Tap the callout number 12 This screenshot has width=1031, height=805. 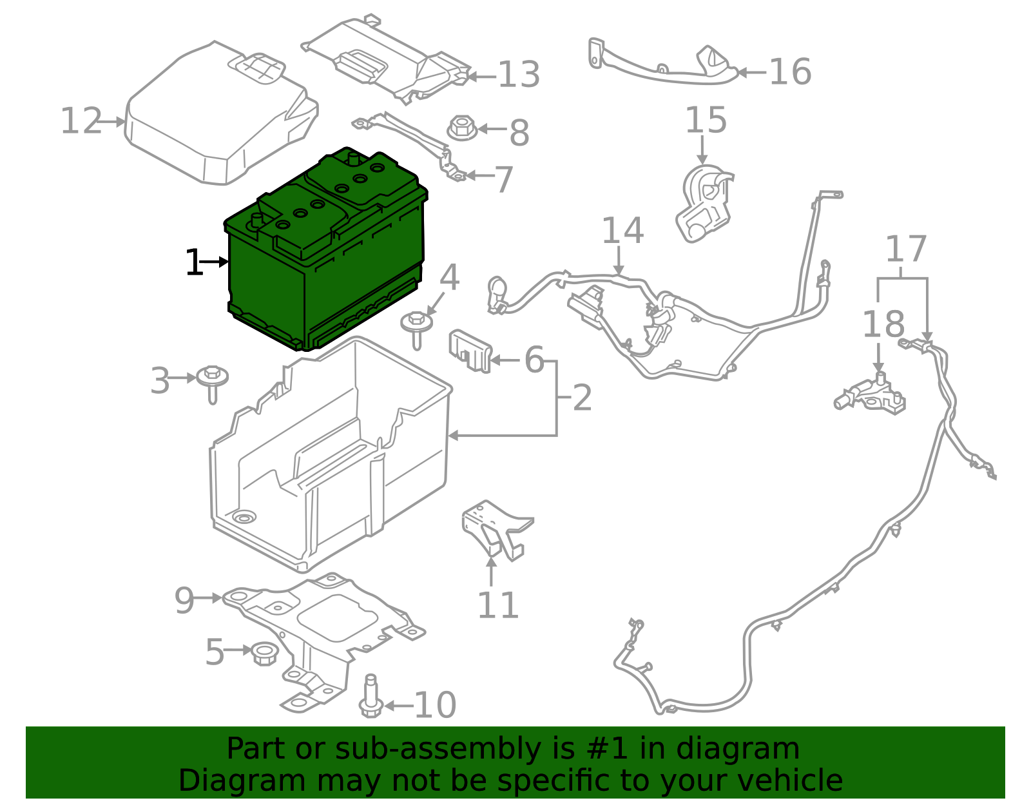(x=81, y=121)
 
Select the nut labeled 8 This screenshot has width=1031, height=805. (x=461, y=128)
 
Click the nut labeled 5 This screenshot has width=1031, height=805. (x=264, y=654)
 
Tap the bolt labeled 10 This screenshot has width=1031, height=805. (x=371, y=697)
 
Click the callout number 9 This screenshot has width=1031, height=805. (x=184, y=601)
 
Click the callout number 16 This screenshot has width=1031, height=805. (x=790, y=72)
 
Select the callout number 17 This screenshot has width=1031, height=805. (x=905, y=249)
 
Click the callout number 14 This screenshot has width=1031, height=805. (x=622, y=231)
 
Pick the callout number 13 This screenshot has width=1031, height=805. (x=519, y=75)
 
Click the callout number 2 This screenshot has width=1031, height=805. (x=582, y=398)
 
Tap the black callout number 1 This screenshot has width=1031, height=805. (x=193, y=263)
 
